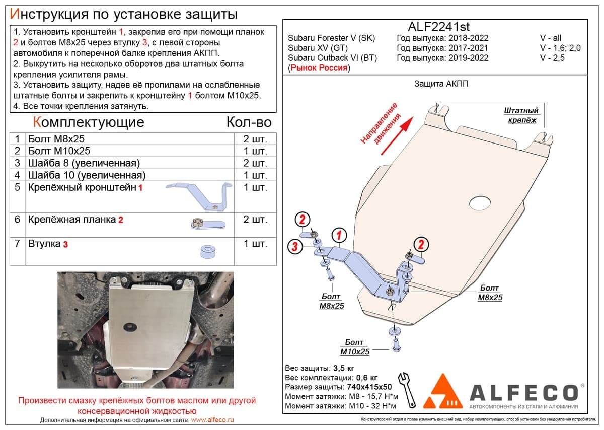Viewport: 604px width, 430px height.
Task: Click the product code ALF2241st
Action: [x=439, y=27]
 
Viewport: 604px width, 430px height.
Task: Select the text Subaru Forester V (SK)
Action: [x=331, y=38]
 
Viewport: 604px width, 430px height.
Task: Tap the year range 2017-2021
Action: [x=469, y=48]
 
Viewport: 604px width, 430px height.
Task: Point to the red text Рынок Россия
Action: [x=319, y=67]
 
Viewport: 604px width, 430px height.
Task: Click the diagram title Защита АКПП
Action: [x=441, y=84]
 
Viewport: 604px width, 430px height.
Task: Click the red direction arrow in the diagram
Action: [x=397, y=135]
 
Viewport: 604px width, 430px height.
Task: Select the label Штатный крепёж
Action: [x=521, y=115]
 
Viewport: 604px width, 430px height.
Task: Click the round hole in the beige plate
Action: [x=480, y=202]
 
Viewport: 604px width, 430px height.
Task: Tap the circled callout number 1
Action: [x=339, y=235]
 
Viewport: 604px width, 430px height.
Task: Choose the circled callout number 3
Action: [x=295, y=246]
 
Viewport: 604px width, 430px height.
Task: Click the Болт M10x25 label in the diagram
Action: [x=354, y=347]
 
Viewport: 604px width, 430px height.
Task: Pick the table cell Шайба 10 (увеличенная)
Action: [x=87, y=175]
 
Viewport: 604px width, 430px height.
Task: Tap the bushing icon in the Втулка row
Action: [x=208, y=251]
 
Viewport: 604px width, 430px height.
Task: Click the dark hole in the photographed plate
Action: [x=130, y=327]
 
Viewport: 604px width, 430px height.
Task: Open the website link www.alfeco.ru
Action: [x=212, y=420]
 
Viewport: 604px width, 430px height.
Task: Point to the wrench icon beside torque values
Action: [x=407, y=390]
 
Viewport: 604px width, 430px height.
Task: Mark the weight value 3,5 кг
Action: [x=343, y=368]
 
